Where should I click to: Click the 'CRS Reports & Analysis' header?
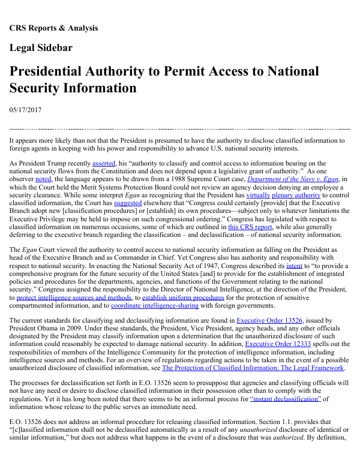pos(53,28)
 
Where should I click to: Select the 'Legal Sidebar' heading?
pos(41,48)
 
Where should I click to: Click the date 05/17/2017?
pos(26,109)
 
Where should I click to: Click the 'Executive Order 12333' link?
pos(277,344)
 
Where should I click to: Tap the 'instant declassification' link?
pos(286,398)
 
